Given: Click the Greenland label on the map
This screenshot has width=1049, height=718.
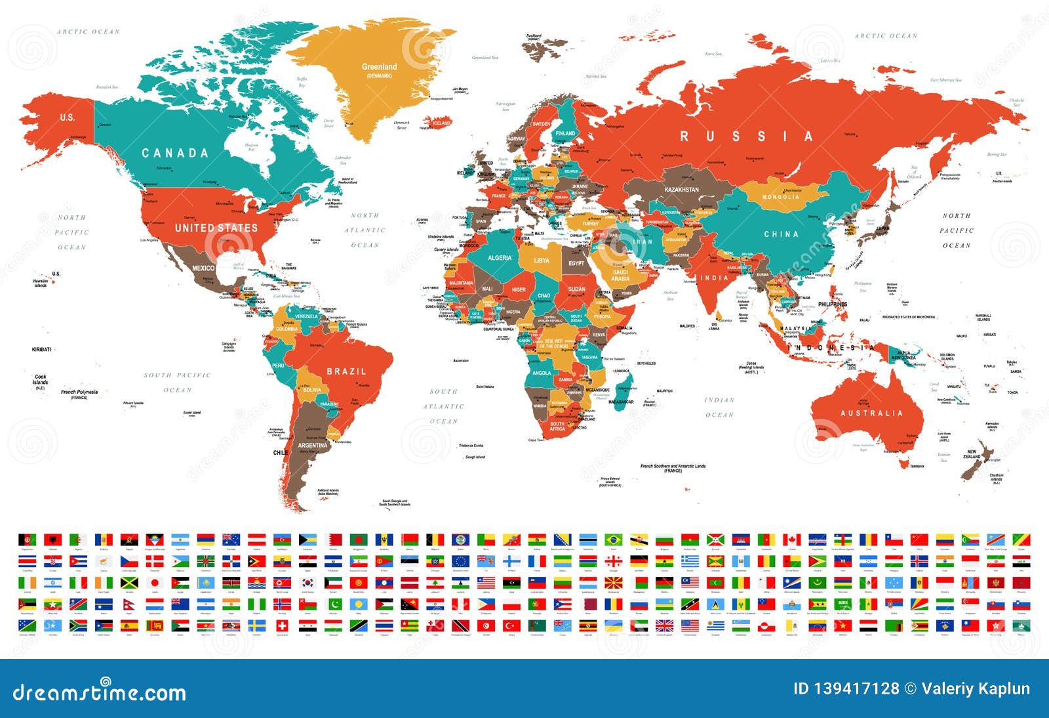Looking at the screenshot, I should (x=379, y=67).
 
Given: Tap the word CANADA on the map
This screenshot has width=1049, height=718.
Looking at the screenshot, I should (x=175, y=153).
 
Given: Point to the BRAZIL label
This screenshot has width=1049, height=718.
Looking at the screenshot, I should (x=346, y=371).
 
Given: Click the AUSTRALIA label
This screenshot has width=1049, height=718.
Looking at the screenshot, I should (x=871, y=413).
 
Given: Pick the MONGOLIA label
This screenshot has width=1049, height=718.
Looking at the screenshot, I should (x=780, y=197).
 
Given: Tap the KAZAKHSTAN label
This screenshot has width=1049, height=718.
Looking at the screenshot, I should (x=682, y=190).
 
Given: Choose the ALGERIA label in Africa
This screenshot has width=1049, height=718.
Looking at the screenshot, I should (x=499, y=258).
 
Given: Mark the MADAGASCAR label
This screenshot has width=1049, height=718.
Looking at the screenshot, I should (x=620, y=402).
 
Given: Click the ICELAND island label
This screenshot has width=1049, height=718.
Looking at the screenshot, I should (x=441, y=123).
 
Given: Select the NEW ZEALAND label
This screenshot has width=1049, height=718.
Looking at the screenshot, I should (x=972, y=454).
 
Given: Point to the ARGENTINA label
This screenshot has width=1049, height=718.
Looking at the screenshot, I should (x=312, y=446).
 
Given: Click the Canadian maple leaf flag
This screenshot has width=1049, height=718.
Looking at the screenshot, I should (x=792, y=539).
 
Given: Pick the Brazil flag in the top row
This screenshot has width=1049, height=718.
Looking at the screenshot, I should (x=613, y=539).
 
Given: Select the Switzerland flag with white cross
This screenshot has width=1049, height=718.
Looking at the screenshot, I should (x=283, y=625).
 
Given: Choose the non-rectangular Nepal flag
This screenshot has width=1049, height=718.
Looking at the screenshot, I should (x=129, y=604).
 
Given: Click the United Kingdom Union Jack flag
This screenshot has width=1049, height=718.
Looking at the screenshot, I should (x=664, y=625).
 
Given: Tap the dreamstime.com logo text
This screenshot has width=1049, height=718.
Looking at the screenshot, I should (x=99, y=692).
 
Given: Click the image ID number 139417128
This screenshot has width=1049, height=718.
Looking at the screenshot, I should (x=846, y=688).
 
